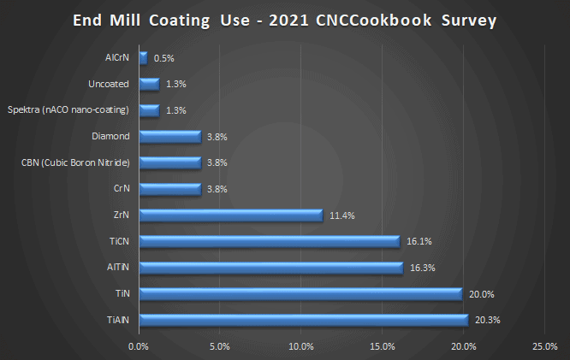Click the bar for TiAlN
click(x=303, y=320)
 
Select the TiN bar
click(x=300, y=294)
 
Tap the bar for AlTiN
click(x=270, y=268)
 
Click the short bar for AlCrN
click(x=143, y=58)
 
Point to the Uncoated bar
click(x=149, y=84)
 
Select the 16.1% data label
click(x=417, y=242)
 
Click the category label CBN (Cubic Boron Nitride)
click(x=75, y=162)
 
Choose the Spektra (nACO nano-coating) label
click(x=68, y=110)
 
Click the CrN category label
click(x=122, y=189)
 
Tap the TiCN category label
click(x=120, y=241)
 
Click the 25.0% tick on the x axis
click(x=544, y=346)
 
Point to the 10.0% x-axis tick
click(x=300, y=346)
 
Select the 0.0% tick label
click(x=138, y=346)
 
